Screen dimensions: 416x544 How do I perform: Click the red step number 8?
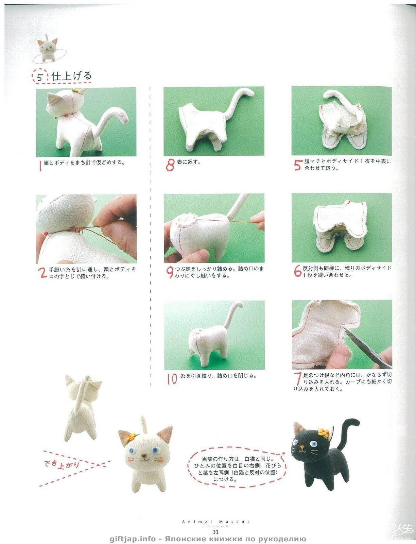[x=170, y=166]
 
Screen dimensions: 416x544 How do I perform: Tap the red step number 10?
[x=172, y=379]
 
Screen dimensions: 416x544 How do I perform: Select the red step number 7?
[x=298, y=379]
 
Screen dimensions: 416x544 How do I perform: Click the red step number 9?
[x=170, y=272]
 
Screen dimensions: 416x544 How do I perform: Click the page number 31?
[x=215, y=532]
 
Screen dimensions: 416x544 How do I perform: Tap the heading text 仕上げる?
[x=71, y=76]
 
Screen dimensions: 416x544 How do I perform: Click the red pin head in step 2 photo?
[x=46, y=233]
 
